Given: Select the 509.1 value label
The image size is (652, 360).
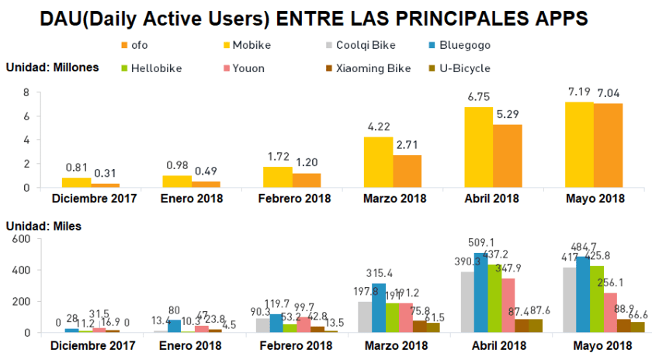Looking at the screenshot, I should pos(482,242).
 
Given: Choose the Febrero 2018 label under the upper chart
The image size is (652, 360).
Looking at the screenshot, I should pos(294,199).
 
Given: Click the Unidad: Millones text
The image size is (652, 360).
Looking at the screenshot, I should pos(52,67).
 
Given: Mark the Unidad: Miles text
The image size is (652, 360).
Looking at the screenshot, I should pos(43,227).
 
